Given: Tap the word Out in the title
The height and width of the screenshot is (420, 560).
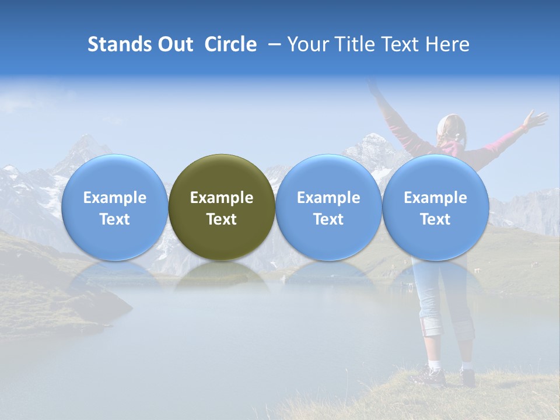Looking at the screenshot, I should click(x=174, y=44).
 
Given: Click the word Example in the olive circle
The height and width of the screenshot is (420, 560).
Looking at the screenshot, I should click(x=222, y=198).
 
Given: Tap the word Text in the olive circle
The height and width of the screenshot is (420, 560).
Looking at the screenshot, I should click(x=222, y=219).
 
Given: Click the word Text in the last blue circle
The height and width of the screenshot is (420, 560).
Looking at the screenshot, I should click(x=435, y=219).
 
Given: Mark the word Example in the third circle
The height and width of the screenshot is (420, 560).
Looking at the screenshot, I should click(x=328, y=198).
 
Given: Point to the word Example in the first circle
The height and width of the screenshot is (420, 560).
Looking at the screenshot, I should click(x=114, y=198).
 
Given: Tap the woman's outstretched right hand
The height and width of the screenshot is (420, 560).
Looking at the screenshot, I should click(x=534, y=120).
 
